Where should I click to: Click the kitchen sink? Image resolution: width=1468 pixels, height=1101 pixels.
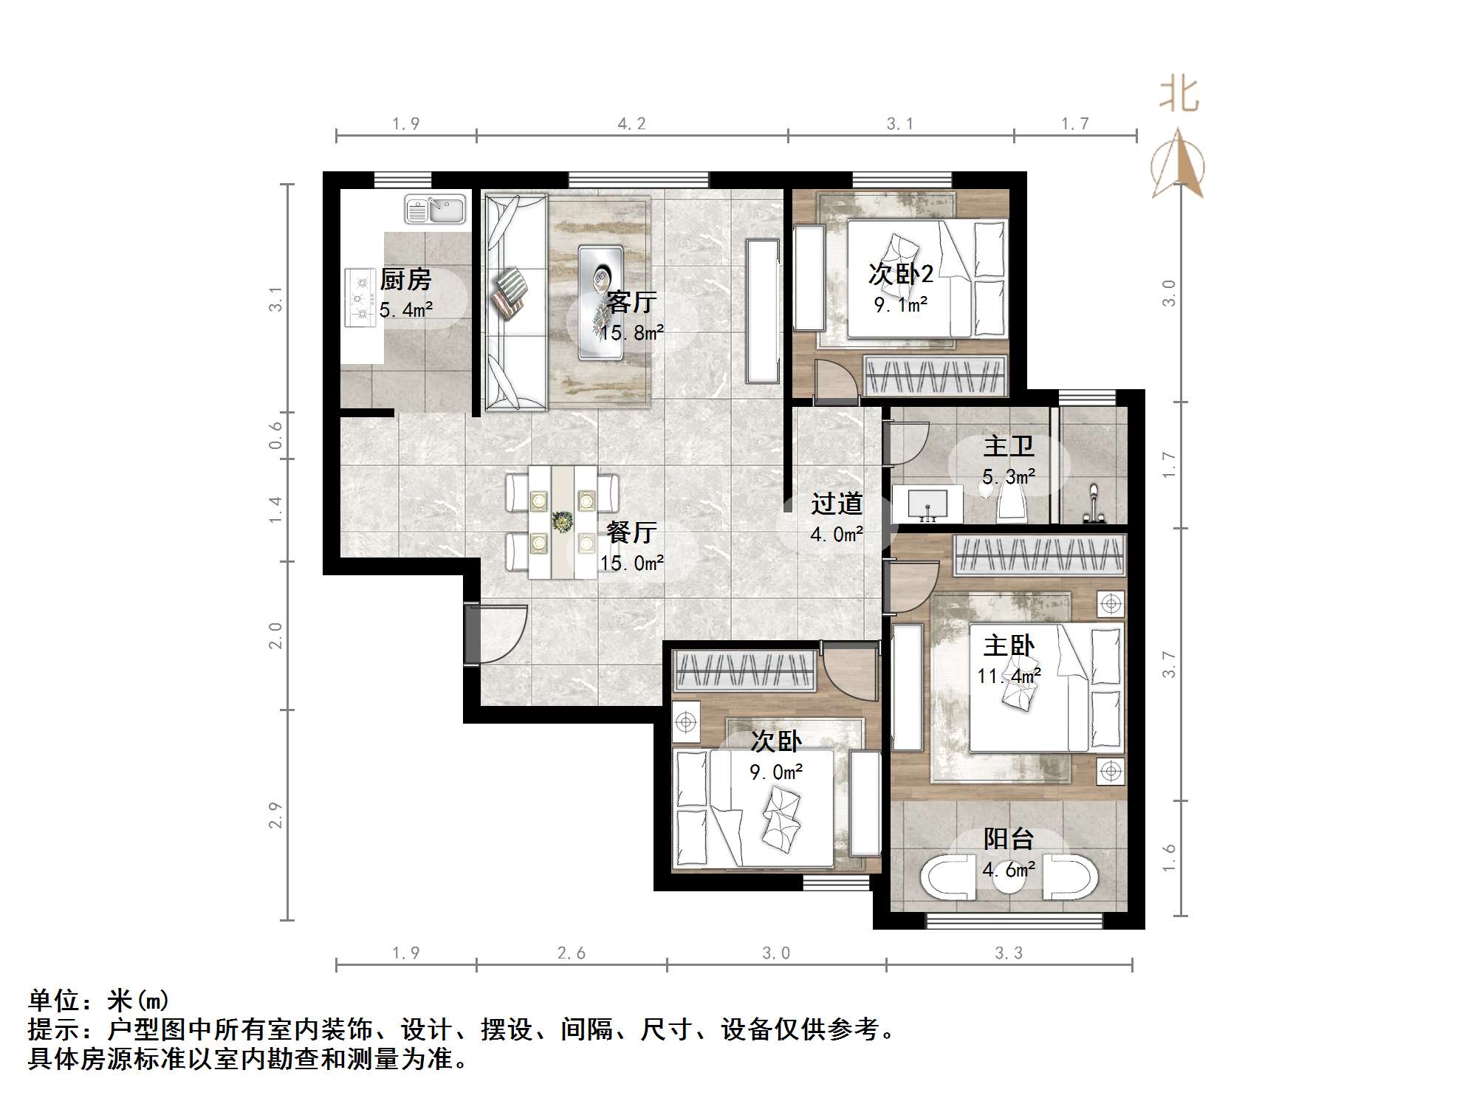[x=435, y=210]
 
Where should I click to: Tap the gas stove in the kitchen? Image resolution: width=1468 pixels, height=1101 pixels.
[x=361, y=298]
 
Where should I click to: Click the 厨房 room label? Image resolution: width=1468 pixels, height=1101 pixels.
[x=405, y=280]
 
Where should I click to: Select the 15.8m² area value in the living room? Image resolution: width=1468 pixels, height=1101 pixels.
[x=631, y=333]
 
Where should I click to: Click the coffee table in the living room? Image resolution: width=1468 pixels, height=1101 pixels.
[x=602, y=302]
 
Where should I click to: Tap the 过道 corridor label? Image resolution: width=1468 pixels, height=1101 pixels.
[x=837, y=504]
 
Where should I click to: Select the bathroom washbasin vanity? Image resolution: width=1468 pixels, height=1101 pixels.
[x=927, y=503]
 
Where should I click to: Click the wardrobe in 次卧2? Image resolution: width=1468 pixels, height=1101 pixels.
[x=936, y=377]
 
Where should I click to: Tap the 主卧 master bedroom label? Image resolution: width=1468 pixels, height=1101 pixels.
[x=1009, y=646]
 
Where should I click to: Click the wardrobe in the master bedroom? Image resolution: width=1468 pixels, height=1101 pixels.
[x=1039, y=555]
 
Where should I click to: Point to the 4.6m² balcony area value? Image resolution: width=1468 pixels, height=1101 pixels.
[x=1009, y=870]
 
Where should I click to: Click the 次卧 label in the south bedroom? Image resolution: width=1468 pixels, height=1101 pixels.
[x=776, y=741]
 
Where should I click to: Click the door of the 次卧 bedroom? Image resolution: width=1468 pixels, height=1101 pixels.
[x=849, y=673]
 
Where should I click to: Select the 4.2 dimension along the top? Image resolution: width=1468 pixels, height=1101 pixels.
[x=631, y=124]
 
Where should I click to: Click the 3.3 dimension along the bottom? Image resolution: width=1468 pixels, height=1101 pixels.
[x=1009, y=953]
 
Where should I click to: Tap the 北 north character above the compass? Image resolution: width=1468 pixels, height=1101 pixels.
[x=1179, y=96]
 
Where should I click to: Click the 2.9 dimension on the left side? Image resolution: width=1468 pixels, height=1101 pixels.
[x=275, y=815]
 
